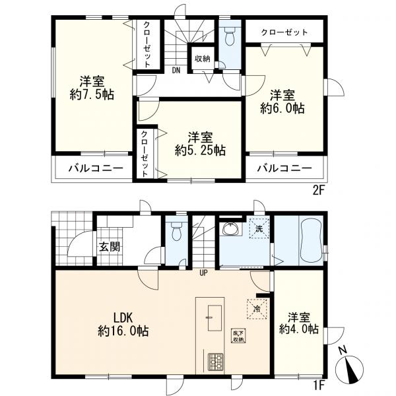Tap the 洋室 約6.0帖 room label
[x=282, y=99]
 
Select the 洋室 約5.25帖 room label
[x=201, y=143]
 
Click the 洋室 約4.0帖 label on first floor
[x=299, y=321]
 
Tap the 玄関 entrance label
[x=109, y=247]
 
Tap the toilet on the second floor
[x=228, y=38]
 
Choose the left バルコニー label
[x=96, y=168]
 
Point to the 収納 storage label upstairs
[x=201, y=57]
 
